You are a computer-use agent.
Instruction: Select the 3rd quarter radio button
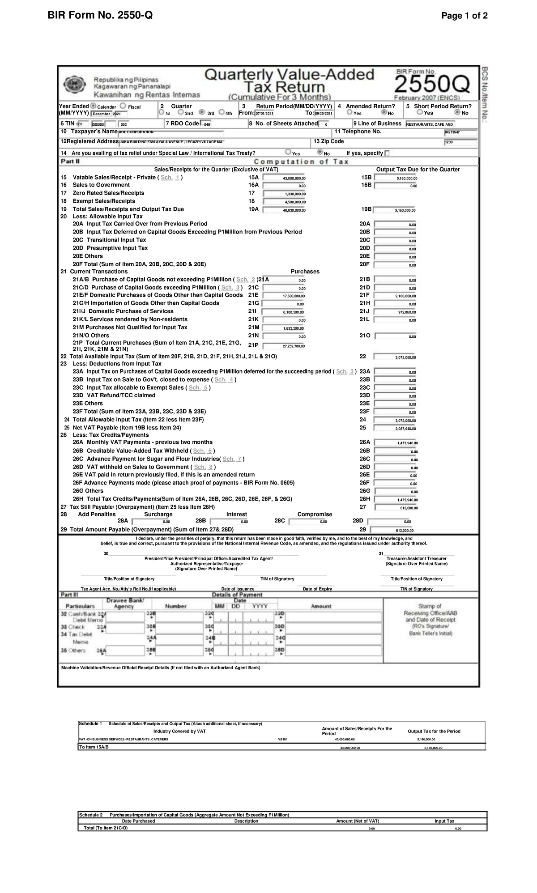tap(201, 113)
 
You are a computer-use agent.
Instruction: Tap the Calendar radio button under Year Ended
tap(93, 106)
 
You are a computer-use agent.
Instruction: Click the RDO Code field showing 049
tap(207, 124)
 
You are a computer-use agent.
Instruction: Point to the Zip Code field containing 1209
tap(460, 143)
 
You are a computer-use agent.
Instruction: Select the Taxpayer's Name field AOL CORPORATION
tap(170, 132)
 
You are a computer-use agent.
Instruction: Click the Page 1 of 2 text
tap(464, 16)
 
